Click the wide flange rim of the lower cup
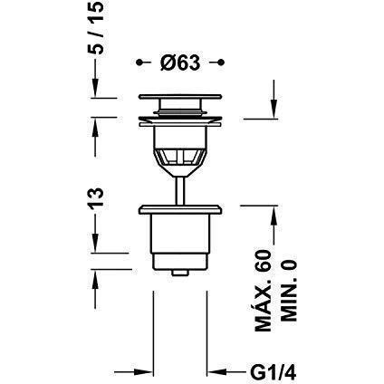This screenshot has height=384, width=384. pos(180,211)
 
